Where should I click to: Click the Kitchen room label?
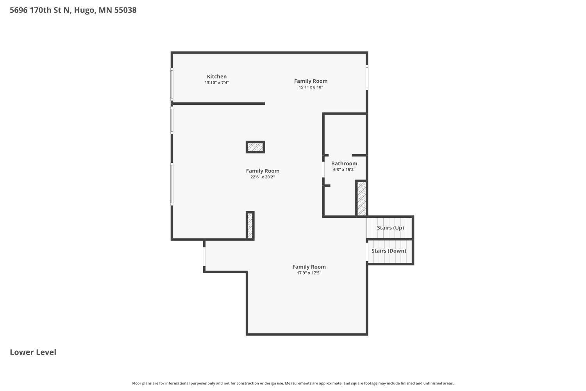[x=216, y=77]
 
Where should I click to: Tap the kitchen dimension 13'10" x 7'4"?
[x=216, y=83]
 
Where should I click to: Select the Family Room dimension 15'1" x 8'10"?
[x=311, y=87]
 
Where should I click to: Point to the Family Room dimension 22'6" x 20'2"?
[x=263, y=177]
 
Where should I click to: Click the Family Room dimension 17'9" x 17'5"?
[x=309, y=273]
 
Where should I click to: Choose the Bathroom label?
[x=344, y=163]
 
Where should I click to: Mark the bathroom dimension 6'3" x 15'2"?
[x=344, y=170]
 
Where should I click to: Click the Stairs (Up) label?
[x=390, y=228]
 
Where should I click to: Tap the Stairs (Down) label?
[x=389, y=251]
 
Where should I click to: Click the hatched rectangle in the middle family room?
[x=255, y=147]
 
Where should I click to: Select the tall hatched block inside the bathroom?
[x=361, y=198]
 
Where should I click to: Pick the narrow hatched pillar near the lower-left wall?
[x=250, y=225]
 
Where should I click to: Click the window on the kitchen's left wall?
[x=172, y=84]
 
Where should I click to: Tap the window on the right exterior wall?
[x=367, y=77]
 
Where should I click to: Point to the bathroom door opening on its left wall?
[x=323, y=169]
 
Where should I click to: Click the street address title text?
[x=73, y=10]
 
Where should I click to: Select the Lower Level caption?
[x=33, y=352]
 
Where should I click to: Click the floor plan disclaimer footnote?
[x=293, y=384]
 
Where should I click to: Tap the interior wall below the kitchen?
[x=219, y=104]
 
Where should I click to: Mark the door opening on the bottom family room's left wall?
[x=204, y=256]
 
